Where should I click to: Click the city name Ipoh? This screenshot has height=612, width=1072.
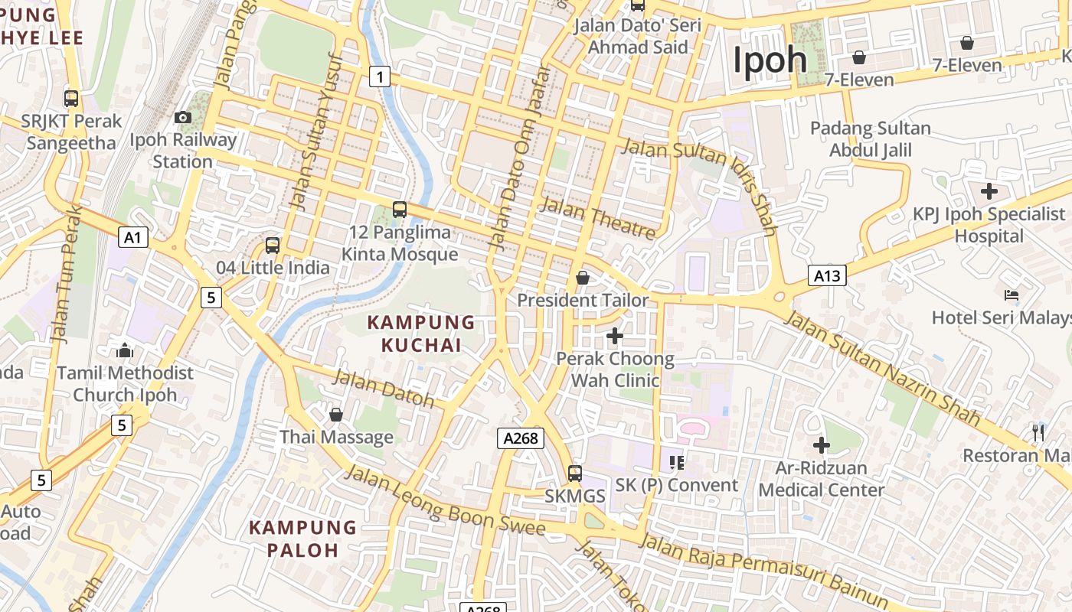(770, 60)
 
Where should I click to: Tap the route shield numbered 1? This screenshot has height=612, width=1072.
(379, 76)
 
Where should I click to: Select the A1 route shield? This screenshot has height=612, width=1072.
(133, 237)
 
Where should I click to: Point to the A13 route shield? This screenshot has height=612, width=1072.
(827, 275)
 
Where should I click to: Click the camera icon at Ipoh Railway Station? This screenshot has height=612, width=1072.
(182, 117)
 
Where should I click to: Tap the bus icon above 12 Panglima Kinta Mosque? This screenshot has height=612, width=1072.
(399, 209)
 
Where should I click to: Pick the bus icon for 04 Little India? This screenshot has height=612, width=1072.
(273, 246)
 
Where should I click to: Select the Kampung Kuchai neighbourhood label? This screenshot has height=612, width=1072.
(421, 334)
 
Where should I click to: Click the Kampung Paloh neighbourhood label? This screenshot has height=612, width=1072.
(303, 539)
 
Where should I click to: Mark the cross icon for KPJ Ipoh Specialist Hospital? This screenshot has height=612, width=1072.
(989, 190)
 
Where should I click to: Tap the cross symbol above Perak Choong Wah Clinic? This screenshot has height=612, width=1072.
(614, 335)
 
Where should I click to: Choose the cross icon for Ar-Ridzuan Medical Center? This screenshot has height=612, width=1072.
(821, 444)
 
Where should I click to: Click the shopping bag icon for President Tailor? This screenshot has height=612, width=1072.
(583, 278)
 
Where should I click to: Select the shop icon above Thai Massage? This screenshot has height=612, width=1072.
(335, 415)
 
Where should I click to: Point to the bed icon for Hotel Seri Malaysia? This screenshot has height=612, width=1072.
(1012, 295)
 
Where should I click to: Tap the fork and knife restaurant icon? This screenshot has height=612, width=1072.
(1038, 432)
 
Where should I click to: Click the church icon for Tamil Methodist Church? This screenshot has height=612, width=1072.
(125, 350)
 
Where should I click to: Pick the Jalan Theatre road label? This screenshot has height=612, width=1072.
(598, 216)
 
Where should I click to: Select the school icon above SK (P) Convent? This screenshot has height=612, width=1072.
(676, 462)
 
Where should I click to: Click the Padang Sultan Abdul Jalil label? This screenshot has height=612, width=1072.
(871, 138)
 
